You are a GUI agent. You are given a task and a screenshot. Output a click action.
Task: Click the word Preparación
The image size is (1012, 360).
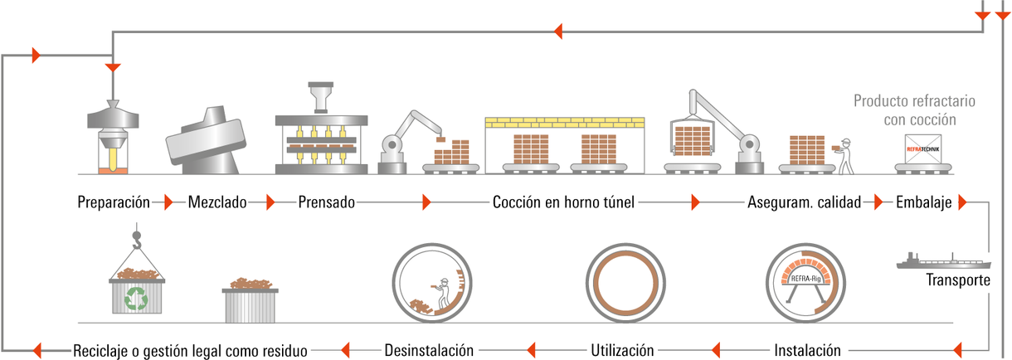tap(114, 202)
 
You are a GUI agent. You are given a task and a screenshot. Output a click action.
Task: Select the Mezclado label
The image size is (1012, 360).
tap(217, 202)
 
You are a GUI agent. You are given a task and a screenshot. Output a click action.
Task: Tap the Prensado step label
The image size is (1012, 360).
tap(327, 202)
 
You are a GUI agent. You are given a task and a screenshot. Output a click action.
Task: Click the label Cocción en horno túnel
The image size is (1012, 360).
tap(563, 202)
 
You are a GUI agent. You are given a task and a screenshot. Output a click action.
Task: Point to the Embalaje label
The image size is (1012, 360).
tap(924, 202)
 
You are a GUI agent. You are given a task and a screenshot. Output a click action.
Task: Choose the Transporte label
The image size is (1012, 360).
tap(958, 280)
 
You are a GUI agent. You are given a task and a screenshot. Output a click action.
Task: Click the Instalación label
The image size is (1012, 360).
tap(808, 351)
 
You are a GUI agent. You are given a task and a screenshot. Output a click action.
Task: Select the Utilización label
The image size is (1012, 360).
tap(623, 351)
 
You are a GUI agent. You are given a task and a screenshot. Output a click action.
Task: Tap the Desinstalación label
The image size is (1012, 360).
tap(429, 351)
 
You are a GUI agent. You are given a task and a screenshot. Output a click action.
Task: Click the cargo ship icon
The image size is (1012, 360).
tap(944, 261)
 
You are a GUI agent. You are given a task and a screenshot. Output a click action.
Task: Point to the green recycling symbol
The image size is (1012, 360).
tap(136, 299)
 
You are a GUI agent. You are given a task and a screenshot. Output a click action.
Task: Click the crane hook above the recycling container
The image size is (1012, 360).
tap(136, 240)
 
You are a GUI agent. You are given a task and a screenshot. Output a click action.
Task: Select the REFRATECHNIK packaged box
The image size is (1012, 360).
tap(923, 149)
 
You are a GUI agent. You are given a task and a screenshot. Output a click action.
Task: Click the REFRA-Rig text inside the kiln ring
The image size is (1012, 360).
tap(806, 279)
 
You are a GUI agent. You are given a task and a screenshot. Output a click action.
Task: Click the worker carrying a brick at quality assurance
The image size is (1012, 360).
tap(844, 156)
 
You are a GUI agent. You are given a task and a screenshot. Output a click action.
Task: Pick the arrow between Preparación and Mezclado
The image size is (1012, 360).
tap(168, 202)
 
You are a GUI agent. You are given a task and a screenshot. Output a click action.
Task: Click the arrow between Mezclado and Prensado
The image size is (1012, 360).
tap(270, 202)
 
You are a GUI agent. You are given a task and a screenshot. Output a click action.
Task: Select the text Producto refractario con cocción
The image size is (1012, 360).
tap(914, 109)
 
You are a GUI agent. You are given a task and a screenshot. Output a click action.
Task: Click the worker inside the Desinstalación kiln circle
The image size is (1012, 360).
tap(442, 294)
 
